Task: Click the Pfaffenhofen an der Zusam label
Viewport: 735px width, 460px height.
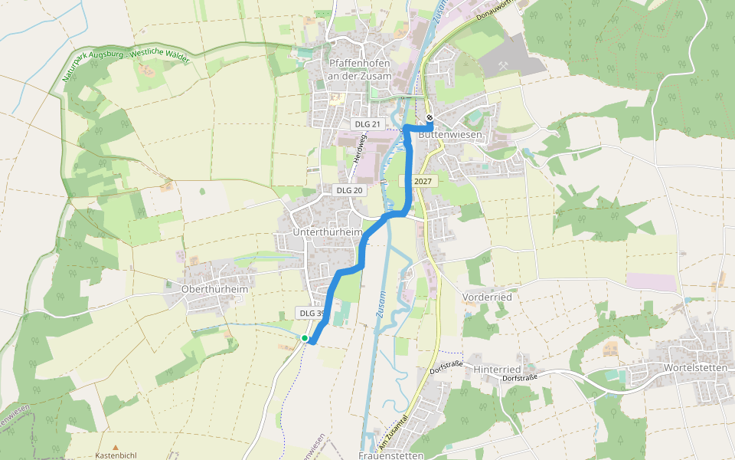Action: click(x=359, y=70)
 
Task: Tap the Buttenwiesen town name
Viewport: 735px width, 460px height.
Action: click(x=451, y=134)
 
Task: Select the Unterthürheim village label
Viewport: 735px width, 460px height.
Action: click(x=327, y=231)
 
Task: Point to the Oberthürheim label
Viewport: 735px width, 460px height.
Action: click(x=215, y=289)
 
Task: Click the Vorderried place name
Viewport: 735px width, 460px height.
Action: click(x=487, y=297)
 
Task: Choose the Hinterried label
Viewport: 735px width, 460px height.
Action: click(x=497, y=369)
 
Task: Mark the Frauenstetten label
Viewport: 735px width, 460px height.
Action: click(x=390, y=455)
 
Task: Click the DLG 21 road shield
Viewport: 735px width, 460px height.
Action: click(x=367, y=124)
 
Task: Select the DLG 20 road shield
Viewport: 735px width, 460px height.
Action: click(x=348, y=190)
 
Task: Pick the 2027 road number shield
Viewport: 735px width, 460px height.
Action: click(x=422, y=182)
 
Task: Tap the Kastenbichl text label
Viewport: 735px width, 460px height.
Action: click(x=115, y=455)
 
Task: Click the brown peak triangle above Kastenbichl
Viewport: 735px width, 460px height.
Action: click(x=116, y=446)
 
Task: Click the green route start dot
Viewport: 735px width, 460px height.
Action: click(x=305, y=338)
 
